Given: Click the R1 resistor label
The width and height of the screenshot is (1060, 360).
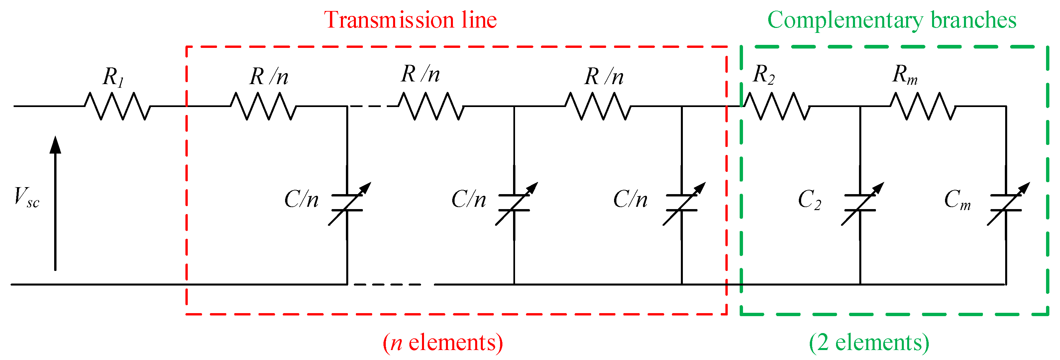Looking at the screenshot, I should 113,76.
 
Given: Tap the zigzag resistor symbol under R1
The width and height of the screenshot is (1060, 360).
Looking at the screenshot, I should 117,106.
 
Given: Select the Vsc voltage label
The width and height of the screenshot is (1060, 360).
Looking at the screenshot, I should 26,197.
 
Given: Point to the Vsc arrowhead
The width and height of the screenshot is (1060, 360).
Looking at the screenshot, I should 55,145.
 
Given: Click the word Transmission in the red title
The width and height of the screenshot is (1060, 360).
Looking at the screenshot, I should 389,20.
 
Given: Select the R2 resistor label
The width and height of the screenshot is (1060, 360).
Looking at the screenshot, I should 764,75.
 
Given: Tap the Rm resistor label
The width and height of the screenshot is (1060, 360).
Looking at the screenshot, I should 904,75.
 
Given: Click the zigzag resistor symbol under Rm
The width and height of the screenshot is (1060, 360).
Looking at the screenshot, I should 923,106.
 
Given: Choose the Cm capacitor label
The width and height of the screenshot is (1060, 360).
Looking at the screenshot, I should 957,200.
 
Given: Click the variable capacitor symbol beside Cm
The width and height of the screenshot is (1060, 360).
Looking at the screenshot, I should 1007,204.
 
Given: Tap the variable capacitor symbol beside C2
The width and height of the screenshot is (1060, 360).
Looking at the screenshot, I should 860,204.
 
